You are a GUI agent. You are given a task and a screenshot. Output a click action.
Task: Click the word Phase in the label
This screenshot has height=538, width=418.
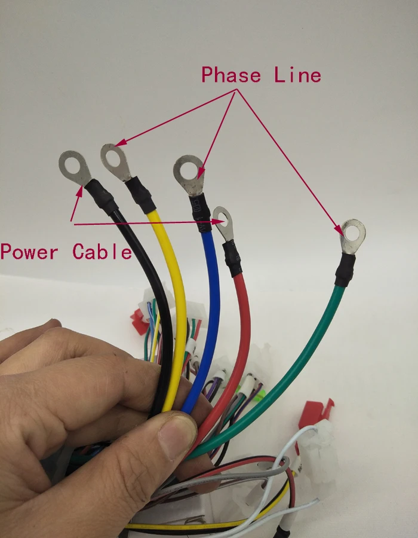click(x=231, y=75)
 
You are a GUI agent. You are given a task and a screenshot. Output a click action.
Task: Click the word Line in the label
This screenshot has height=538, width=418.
click(x=298, y=75)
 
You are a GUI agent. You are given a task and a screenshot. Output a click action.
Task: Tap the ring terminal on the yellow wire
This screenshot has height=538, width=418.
click(x=115, y=161)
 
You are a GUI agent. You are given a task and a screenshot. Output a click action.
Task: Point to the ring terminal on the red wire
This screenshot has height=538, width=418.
click(x=224, y=223)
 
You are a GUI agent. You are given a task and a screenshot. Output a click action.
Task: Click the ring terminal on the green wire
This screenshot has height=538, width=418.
click(x=353, y=236)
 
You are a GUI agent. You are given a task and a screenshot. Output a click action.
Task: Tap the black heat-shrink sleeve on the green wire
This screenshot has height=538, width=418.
click(x=345, y=270)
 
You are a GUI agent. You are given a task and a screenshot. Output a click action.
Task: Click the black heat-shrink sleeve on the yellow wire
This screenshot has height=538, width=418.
click(x=140, y=195)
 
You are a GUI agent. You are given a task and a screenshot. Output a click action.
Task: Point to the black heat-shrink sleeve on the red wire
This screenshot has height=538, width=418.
click(x=232, y=258)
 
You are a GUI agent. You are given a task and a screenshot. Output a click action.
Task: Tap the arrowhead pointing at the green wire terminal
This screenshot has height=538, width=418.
click(x=339, y=230)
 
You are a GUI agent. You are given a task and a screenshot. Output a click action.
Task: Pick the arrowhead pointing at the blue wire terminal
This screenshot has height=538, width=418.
click(x=201, y=173)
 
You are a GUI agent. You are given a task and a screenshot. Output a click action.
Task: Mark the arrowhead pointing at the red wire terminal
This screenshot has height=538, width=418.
click(x=219, y=222)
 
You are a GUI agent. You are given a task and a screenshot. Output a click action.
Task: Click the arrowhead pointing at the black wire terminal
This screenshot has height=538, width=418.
click(x=79, y=191)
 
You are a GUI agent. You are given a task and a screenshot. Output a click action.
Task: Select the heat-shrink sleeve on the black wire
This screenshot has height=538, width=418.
click(x=101, y=197)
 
